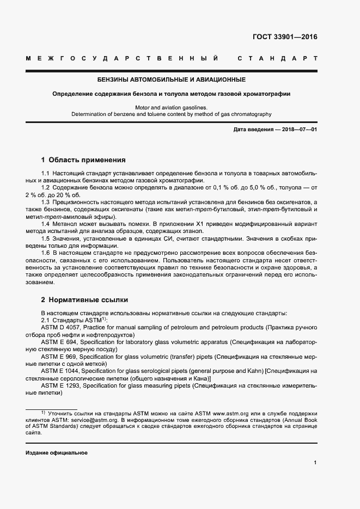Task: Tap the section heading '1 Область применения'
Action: click(x=83, y=160)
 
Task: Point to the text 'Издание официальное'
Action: click(x=57, y=453)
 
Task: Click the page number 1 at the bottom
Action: click(x=315, y=463)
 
